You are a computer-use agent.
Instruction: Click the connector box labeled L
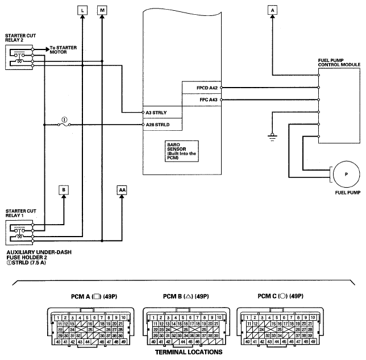83,10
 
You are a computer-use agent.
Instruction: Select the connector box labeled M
102,10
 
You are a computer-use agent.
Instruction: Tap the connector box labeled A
273,10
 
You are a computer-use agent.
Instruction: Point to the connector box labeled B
64,189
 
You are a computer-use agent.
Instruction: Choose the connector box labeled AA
122,189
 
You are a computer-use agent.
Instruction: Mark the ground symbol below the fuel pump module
273,136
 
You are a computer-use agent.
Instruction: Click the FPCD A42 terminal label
206,88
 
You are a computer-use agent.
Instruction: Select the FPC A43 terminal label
207,100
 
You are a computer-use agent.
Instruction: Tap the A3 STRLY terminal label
156,113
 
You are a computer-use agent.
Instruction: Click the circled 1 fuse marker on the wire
64,120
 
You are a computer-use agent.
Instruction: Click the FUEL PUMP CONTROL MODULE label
339,63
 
